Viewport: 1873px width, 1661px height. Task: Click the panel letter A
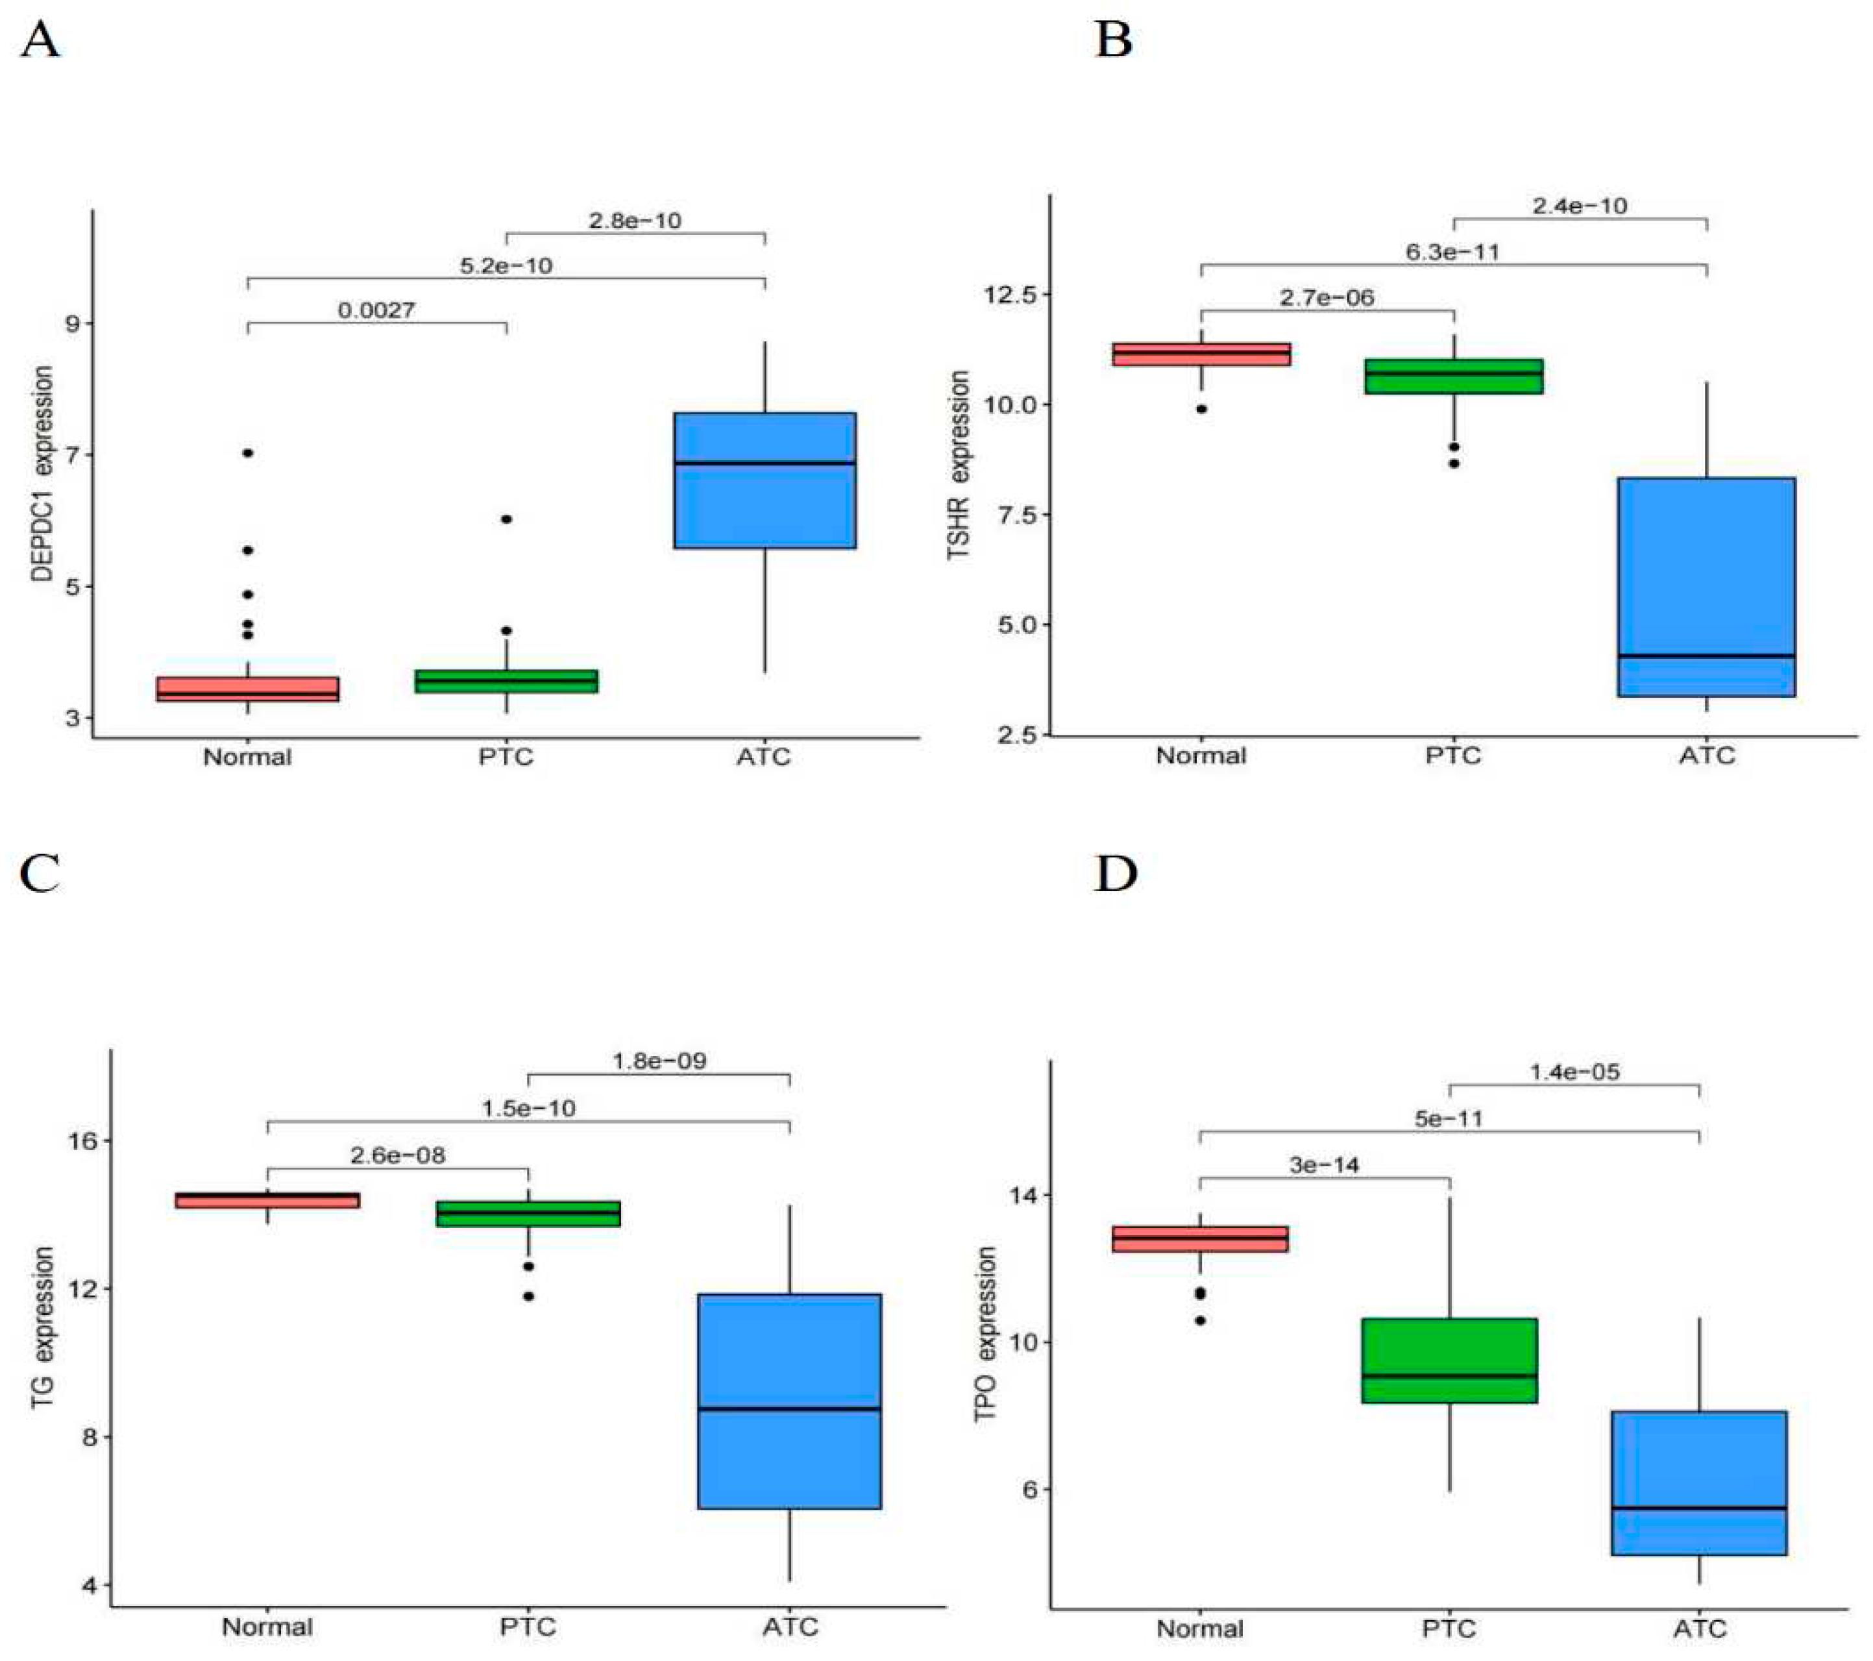[x=40, y=42]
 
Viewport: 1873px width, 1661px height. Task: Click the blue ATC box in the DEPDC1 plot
[x=765, y=480]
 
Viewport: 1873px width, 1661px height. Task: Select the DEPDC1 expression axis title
[x=43, y=474]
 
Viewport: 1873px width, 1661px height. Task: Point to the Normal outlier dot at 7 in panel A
[x=247, y=453]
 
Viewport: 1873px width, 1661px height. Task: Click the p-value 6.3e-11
[x=1452, y=251]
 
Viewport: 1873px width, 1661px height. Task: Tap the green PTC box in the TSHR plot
[x=1453, y=376]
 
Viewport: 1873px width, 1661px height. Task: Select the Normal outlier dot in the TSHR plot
[x=1201, y=409]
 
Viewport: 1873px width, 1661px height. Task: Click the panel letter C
[x=40, y=874]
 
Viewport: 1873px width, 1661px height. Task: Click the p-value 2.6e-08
[x=397, y=1155]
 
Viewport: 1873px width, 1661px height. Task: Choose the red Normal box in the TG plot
[x=267, y=1200]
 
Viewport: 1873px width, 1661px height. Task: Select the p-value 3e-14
[x=1324, y=1165]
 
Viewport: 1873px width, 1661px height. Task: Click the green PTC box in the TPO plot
[x=1450, y=1360]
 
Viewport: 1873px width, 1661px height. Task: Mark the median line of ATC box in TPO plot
[x=1699, y=1508]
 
